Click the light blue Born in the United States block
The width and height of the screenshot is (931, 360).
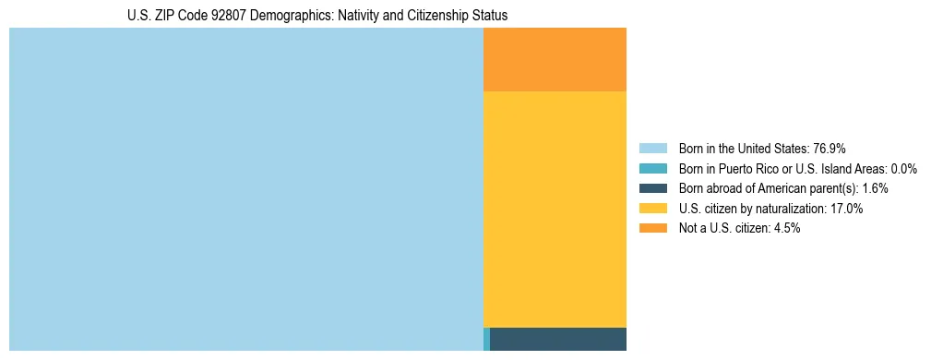pos(245,188)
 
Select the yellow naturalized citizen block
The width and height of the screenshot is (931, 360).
pos(555,209)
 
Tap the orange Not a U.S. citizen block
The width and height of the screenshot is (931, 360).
pos(555,59)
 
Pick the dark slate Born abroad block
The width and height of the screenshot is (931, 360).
pos(558,339)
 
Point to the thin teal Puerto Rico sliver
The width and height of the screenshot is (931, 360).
pos(486,339)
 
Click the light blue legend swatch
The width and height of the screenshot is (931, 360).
pos(652,149)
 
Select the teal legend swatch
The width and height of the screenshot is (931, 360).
pos(652,169)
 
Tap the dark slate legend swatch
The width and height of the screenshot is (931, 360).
pos(652,188)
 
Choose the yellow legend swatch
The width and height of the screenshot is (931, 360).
pos(652,209)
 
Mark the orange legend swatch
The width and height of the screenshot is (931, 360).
pos(652,228)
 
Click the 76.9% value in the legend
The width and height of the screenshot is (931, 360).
pos(829,149)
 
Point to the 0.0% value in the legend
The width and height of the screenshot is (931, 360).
pos(903,169)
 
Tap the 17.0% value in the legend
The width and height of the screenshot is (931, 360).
pos(846,209)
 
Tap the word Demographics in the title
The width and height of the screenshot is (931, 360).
pos(294,16)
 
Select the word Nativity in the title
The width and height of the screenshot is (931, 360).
pos(361,16)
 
